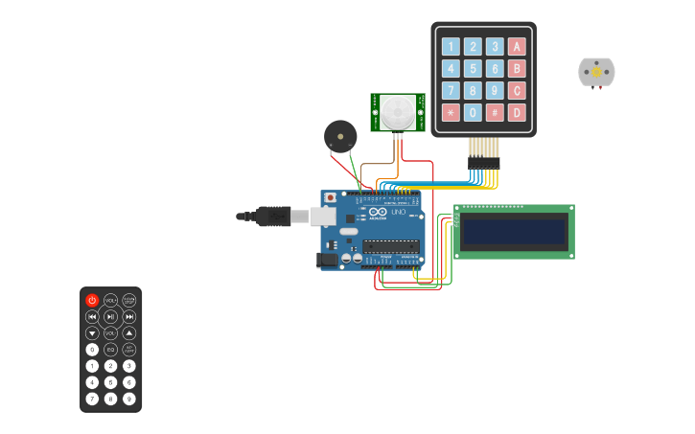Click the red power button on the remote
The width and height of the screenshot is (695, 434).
pyautogui.click(x=92, y=300)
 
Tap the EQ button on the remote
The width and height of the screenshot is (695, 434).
pyautogui.click(x=110, y=349)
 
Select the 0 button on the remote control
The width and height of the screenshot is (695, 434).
pyautogui.click(x=92, y=349)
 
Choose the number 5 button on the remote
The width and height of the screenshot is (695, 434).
pyautogui.click(x=110, y=381)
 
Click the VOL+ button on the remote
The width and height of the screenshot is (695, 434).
pyautogui.click(x=110, y=300)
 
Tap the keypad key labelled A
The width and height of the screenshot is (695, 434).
pyautogui.click(x=517, y=46)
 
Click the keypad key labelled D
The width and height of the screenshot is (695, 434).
pyautogui.click(x=517, y=112)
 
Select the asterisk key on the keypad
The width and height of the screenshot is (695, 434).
pyautogui.click(x=450, y=112)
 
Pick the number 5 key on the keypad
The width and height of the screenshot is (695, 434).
pyautogui.click(x=472, y=68)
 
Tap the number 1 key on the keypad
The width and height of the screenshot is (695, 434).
pyautogui.click(x=450, y=46)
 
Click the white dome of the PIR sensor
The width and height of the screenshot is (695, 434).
pyautogui.click(x=397, y=112)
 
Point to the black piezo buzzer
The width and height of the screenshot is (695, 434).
pyautogui.click(x=338, y=135)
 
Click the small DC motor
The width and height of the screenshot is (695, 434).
pyautogui.click(x=596, y=72)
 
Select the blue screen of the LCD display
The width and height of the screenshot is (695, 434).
pyautogui.click(x=514, y=232)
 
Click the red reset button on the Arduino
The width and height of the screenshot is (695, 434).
pyautogui.click(x=331, y=197)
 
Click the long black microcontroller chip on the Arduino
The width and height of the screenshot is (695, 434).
pyautogui.click(x=390, y=246)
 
